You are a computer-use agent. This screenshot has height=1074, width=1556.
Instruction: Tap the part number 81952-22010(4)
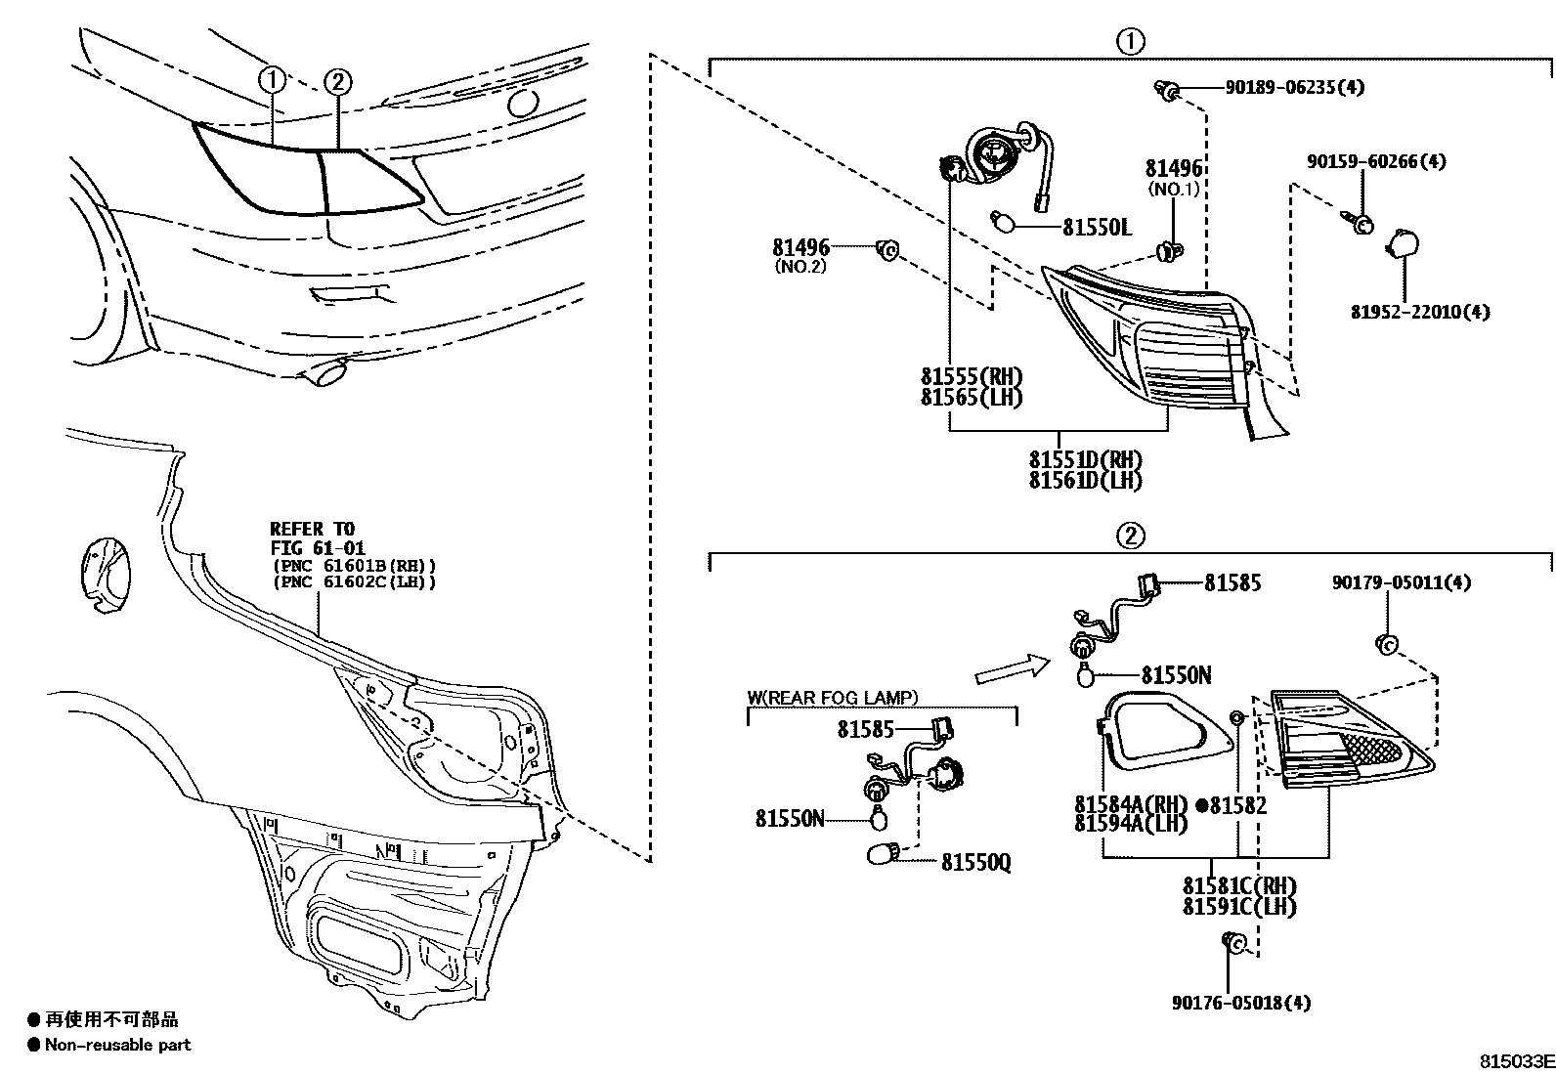click(1420, 313)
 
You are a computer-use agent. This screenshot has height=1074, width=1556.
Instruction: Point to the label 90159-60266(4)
click(1376, 161)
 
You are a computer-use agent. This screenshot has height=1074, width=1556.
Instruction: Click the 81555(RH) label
click(971, 376)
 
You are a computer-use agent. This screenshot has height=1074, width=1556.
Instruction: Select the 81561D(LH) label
click(1085, 480)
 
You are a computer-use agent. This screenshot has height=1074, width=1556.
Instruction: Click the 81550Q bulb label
click(975, 862)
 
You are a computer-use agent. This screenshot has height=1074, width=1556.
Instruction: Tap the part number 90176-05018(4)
click(1241, 1003)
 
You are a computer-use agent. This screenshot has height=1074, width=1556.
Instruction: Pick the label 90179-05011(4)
click(1401, 582)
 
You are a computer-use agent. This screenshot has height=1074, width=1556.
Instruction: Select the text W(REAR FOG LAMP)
click(832, 698)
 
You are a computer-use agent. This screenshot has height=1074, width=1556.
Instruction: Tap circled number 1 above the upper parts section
click(1129, 41)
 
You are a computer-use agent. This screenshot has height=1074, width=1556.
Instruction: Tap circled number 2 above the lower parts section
click(1129, 536)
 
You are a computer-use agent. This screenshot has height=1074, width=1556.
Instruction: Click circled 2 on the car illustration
click(336, 81)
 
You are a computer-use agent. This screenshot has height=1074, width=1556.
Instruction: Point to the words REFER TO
click(312, 530)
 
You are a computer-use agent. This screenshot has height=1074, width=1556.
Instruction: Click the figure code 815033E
click(1514, 1061)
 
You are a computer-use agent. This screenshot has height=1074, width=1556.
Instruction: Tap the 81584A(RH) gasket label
click(1131, 804)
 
